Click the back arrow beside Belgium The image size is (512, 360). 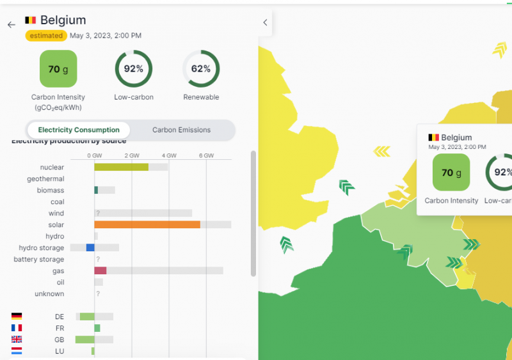click(x=11, y=24)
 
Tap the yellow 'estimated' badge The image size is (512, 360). click(x=46, y=36)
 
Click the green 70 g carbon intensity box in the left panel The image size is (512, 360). click(x=58, y=69)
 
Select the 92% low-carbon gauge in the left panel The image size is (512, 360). click(x=133, y=69)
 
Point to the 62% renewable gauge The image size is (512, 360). click(x=201, y=69)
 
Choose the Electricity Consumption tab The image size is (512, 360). click(x=79, y=130)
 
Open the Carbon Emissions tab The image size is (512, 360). click(x=181, y=130)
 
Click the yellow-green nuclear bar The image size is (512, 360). click(x=121, y=167)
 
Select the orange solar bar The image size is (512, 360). click(x=147, y=224)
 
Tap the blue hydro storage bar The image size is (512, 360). click(x=90, y=247)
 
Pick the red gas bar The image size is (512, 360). click(x=100, y=270)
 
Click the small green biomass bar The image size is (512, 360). click(x=96, y=190)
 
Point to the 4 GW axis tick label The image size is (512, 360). click(x=169, y=155)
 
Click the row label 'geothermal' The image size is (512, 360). click(x=45, y=178)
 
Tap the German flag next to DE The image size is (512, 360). click(x=17, y=317)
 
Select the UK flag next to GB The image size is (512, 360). click(x=17, y=340)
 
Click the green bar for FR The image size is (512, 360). click(x=97, y=328)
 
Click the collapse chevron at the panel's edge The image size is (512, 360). click(x=265, y=22)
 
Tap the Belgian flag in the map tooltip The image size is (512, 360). click(x=433, y=137)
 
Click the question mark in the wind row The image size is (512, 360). click(x=98, y=213)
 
